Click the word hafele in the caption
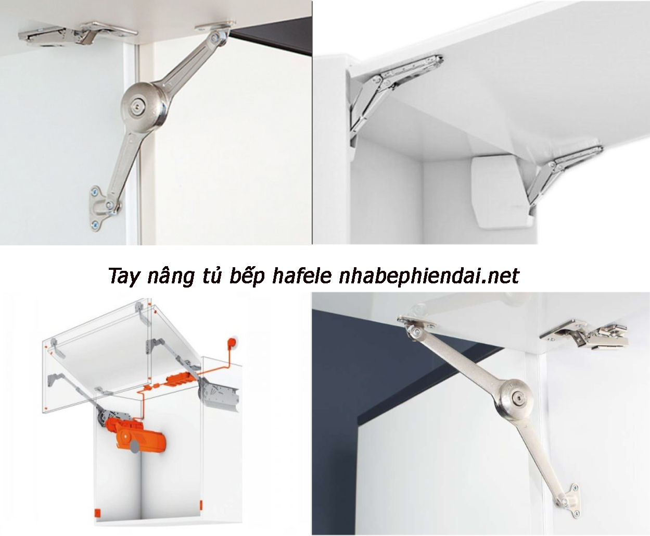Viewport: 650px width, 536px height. coord(302,275)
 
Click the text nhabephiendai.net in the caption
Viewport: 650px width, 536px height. coord(429,275)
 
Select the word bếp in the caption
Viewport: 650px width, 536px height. coord(247,276)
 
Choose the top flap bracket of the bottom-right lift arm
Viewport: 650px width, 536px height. coord(416,326)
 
